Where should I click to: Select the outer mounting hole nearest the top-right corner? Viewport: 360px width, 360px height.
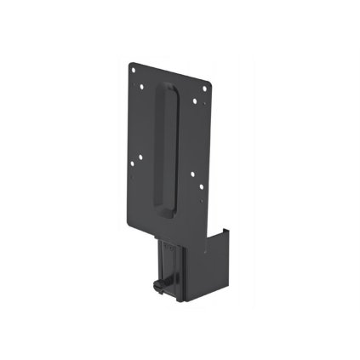(205, 83)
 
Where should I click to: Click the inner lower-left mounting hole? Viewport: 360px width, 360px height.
(141, 157)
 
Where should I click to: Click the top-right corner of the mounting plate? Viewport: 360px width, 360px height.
(212, 78)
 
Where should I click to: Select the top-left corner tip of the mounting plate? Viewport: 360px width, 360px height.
(132, 61)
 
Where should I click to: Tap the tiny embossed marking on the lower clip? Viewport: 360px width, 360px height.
(170, 248)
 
